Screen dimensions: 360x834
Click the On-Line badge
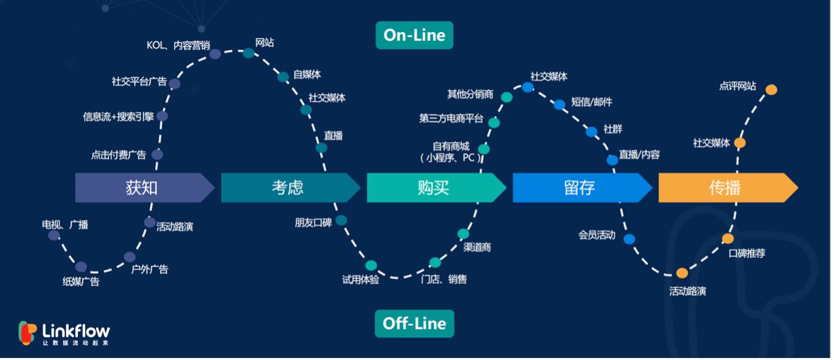414,35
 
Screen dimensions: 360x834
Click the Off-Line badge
414,323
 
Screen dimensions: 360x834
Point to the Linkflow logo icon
27,333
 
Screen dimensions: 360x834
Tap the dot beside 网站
249,53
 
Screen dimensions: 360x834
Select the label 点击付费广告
118,155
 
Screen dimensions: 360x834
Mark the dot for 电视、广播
54,236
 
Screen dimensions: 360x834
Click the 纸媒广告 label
81,281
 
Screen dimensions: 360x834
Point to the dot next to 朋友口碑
341,221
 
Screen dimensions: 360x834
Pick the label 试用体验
361,279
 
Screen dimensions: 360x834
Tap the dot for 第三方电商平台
494,122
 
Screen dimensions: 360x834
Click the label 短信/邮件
592,101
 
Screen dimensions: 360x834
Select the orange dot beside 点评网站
771,90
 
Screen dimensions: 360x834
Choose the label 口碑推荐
747,253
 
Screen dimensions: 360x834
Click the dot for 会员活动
629,239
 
